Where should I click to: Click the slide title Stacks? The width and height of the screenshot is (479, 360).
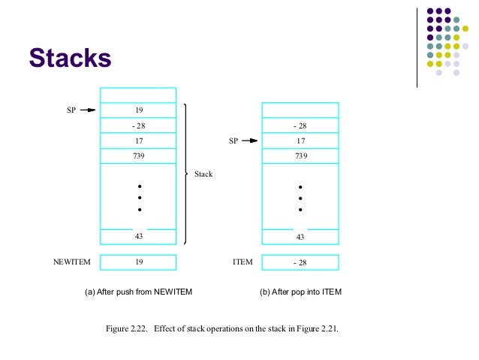coord(70,57)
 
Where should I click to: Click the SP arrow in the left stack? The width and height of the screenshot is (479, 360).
coord(88,110)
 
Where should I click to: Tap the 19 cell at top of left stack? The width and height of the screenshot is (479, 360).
coord(138,110)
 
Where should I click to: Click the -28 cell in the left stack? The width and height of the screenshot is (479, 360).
coord(138,126)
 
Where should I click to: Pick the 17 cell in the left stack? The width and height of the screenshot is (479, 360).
coord(138,141)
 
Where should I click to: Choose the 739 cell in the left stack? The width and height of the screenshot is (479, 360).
coord(138,156)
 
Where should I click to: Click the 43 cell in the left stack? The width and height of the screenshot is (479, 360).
coord(138,236)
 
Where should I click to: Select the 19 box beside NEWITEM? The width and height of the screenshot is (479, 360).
coord(138,262)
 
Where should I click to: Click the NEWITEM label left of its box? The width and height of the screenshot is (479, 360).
coord(71,262)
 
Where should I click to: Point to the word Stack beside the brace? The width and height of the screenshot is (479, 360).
coord(203,174)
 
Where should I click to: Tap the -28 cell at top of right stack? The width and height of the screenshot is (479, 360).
coord(300,126)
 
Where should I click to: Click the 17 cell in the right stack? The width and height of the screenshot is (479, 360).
coord(300,141)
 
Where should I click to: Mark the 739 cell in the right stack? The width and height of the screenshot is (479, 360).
coord(300,156)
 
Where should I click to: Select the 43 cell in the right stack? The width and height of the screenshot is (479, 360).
coord(300,236)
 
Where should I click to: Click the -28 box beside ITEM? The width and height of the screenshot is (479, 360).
coord(300,262)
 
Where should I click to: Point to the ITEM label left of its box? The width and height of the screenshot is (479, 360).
coord(243,262)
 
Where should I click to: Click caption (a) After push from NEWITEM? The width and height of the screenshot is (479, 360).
coord(138,292)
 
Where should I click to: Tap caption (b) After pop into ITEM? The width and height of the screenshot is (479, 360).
coord(300,292)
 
